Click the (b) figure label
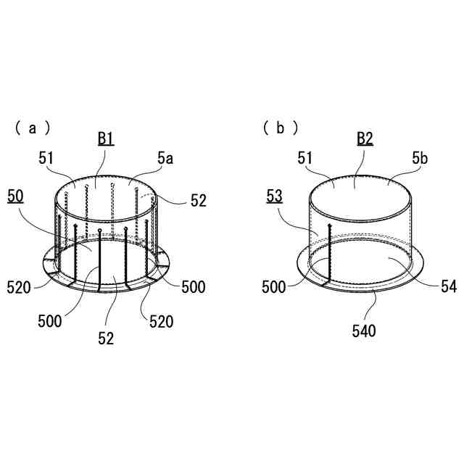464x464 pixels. click(x=281, y=128)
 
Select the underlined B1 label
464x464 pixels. click(x=106, y=138)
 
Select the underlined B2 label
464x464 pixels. click(x=365, y=138)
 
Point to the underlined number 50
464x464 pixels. click(x=15, y=196)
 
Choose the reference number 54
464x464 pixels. click(x=449, y=286)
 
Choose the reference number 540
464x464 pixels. click(x=364, y=331)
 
